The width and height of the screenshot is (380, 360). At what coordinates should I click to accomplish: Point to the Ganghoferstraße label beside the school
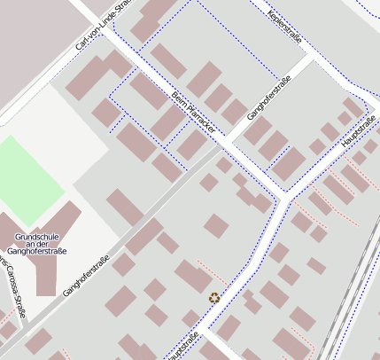coord(86,276)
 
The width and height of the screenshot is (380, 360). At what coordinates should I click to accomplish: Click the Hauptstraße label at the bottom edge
coord(181,346)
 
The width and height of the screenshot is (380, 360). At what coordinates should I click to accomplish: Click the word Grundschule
coord(36,237)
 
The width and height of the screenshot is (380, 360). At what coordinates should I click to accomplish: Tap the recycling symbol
coord(214,298)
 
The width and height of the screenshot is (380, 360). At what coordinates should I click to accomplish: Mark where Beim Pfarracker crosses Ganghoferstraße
coord(225,141)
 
